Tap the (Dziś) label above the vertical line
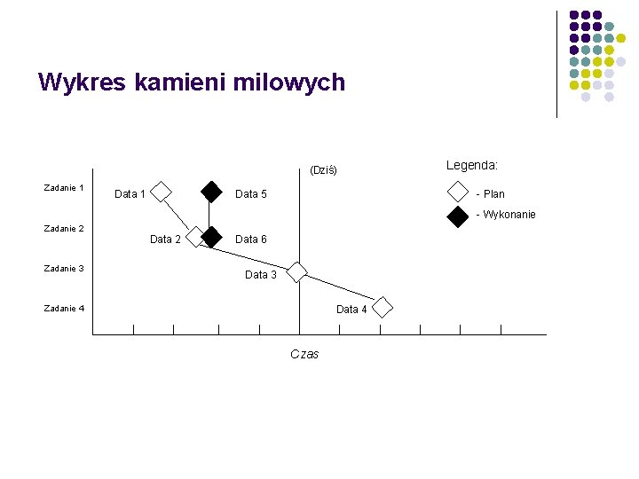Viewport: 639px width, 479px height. point(323,170)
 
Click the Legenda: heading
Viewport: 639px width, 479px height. point(471,165)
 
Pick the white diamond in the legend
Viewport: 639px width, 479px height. point(457,192)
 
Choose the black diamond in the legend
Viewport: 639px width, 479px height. point(457,216)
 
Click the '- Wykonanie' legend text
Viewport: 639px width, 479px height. point(505,215)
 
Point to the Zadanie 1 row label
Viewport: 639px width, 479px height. point(64,188)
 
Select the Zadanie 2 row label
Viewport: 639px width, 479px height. point(64,229)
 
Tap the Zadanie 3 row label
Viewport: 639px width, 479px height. point(64,268)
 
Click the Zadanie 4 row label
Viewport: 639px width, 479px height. point(64,309)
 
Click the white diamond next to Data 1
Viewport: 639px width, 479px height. point(162,192)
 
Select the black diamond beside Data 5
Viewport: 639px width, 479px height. point(211,192)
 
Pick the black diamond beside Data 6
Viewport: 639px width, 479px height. point(211,237)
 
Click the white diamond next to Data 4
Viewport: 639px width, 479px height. point(382,308)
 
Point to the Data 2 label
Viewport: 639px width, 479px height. point(165,239)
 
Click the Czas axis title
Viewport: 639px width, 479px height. point(304,354)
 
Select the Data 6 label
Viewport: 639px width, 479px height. point(251,239)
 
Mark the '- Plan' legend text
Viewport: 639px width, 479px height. point(490,193)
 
